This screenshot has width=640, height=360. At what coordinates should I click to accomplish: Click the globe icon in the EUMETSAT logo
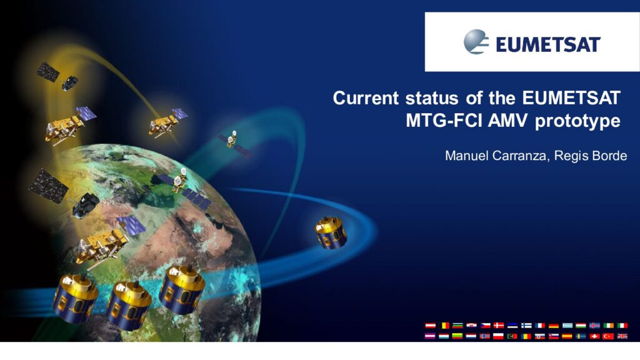[476, 42]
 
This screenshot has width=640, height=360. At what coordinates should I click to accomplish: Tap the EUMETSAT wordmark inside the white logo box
[548, 44]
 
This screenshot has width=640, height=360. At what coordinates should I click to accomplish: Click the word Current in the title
[366, 98]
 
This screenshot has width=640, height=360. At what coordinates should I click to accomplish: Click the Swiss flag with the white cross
[595, 336]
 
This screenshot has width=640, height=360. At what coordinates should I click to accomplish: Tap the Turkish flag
[609, 336]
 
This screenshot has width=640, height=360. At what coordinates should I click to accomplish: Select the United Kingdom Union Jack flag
[622, 336]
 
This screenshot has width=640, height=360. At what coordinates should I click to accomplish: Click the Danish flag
[499, 326]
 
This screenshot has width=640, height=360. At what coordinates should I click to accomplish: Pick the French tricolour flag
[540, 326]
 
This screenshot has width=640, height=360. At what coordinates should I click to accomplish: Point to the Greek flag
[567, 326]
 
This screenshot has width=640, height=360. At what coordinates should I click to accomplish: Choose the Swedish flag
[581, 336]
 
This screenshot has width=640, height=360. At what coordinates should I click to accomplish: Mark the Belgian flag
[444, 326]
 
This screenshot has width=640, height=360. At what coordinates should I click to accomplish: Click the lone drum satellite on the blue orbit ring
[331, 233]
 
